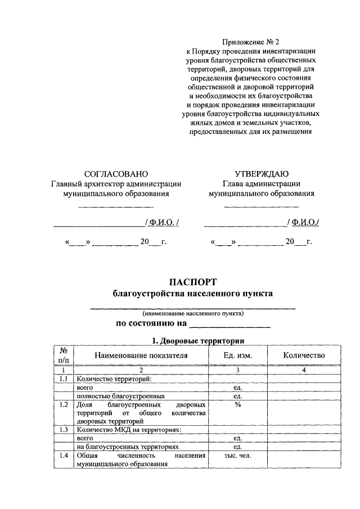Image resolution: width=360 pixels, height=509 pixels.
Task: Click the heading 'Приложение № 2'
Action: pos(250,42)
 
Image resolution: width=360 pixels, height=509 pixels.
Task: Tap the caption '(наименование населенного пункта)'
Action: pos(193,313)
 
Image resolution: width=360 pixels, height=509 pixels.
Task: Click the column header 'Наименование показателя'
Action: pos(141,355)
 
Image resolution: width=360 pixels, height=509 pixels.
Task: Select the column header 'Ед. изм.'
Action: pos(237,355)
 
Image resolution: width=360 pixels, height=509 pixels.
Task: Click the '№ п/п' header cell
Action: pos(64,355)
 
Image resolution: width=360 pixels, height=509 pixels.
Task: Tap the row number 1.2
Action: pos(64,404)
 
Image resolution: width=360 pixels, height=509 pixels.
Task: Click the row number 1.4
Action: pos(64,456)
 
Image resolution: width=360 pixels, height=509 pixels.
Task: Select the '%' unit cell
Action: pos(237,404)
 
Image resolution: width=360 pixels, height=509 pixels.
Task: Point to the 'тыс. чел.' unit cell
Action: pos(237,456)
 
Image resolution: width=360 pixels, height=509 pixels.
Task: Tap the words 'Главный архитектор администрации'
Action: pos(116,183)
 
